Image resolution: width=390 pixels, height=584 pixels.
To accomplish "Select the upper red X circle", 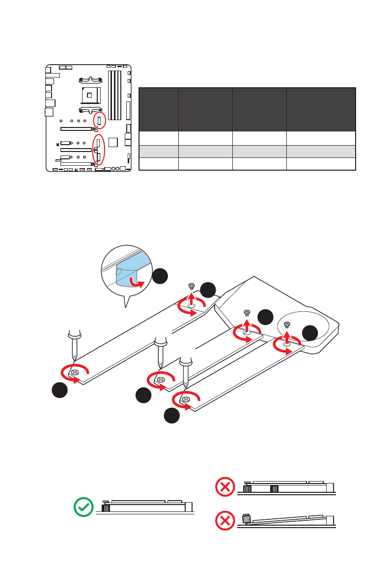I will [225, 487].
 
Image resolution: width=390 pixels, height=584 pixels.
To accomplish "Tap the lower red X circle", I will [225, 522].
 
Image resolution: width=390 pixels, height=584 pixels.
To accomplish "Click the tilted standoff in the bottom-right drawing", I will [247, 518].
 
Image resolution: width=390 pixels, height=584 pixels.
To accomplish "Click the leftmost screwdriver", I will [73, 346].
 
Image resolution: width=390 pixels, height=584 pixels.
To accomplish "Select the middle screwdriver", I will [160, 351].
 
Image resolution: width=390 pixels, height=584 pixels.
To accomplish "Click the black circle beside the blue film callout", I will [160, 277].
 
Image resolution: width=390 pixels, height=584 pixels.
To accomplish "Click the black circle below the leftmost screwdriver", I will [60, 391].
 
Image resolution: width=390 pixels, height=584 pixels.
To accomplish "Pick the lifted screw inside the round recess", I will [287, 324].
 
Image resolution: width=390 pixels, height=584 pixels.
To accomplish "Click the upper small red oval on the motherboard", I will [99, 120].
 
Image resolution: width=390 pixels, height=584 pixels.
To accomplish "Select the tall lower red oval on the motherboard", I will [99, 150].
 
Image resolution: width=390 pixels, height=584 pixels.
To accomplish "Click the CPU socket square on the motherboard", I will [91, 93].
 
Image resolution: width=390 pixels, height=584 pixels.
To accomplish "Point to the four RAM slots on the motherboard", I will [114, 95].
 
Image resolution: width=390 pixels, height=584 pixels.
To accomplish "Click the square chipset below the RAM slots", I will [113, 142].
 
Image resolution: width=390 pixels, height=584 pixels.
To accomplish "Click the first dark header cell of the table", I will [159, 109].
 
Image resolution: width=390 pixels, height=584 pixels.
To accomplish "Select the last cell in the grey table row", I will [321, 151].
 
